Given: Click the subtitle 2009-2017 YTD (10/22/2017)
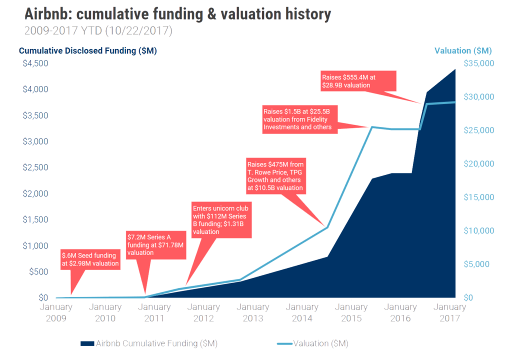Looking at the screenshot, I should click(x=98, y=31).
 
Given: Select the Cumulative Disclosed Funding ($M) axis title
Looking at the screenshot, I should click(x=88, y=51).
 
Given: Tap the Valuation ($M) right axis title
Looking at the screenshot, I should click(x=462, y=51).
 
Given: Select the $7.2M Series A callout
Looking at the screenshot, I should click(x=155, y=245).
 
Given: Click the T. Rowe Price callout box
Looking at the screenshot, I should click(x=275, y=176).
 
